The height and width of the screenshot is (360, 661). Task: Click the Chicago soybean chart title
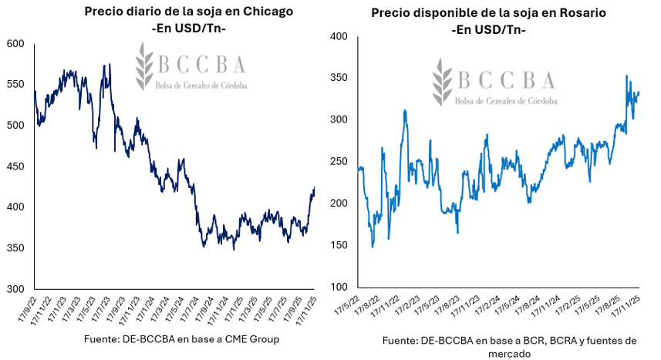(178, 12)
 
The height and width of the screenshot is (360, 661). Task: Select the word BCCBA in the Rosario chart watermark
(505, 79)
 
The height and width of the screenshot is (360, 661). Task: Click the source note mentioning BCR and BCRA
(509, 347)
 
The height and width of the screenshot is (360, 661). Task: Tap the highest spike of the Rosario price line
(626, 76)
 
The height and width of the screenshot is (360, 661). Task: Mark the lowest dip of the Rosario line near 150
(373, 247)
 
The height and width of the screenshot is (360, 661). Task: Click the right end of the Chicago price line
(314, 187)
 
